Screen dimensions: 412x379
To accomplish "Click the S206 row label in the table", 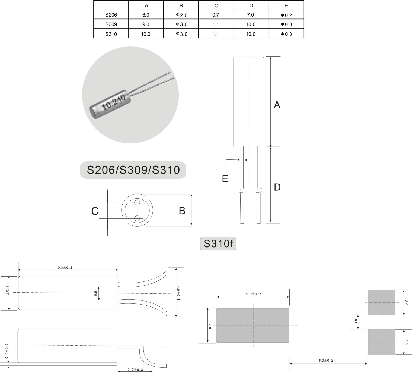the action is [111, 15].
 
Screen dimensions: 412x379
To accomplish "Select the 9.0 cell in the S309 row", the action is [146, 24].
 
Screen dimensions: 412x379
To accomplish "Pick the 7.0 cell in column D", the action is [250, 15].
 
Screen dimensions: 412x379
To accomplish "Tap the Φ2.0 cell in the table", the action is [182, 15].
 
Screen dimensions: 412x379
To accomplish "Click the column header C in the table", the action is [216, 5].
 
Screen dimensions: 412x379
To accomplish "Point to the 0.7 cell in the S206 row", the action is [215, 15].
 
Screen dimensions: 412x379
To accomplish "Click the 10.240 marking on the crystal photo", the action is [114, 102].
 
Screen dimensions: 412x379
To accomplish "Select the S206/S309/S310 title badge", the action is [133, 170].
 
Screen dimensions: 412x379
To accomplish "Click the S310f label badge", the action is [218, 244].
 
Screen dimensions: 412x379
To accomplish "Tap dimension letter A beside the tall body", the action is [277, 105].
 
